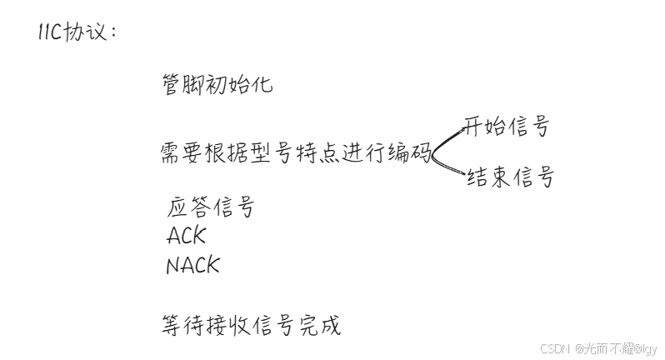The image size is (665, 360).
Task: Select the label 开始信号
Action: coord(507,127)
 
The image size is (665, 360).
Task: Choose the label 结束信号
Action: coord(510,177)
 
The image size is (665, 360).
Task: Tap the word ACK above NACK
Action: coord(186,237)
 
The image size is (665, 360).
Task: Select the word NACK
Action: coord(192,266)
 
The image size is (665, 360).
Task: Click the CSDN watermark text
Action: coord(555,348)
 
